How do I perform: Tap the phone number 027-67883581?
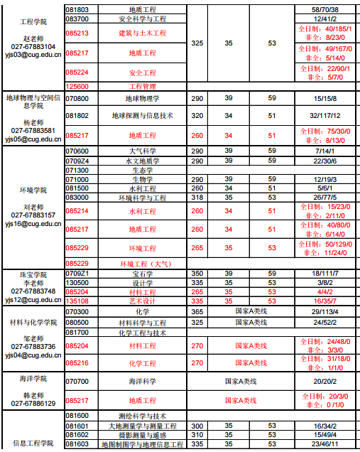click(31, 131)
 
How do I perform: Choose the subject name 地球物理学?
click(142, 98)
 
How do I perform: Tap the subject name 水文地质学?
click(142, 161)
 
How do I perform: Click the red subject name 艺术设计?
click(142, 301)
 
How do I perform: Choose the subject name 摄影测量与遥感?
click(142, 434)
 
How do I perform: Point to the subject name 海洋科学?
click(142, 382)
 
